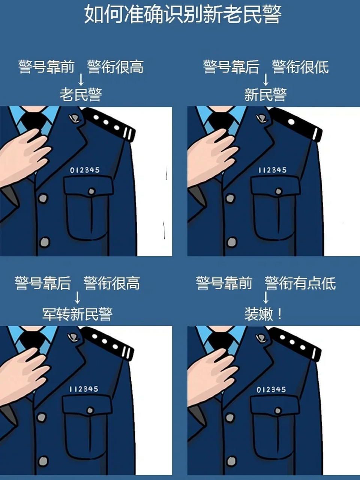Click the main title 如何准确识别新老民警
point(183,14)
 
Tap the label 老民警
point(81,94)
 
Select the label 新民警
point(265,94)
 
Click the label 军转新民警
point(77,314)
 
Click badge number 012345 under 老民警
point(85,170)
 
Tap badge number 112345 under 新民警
point(272,170)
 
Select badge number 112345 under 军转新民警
point(84,389)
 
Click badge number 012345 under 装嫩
point(271,390)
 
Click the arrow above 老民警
point(80,80)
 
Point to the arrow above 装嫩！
point(265,298)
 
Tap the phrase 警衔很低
point(300,67)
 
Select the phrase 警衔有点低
point(300,283)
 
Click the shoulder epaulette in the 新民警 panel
point(296,124)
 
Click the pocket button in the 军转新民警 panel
point(90,411)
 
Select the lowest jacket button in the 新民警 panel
point(232,242)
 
